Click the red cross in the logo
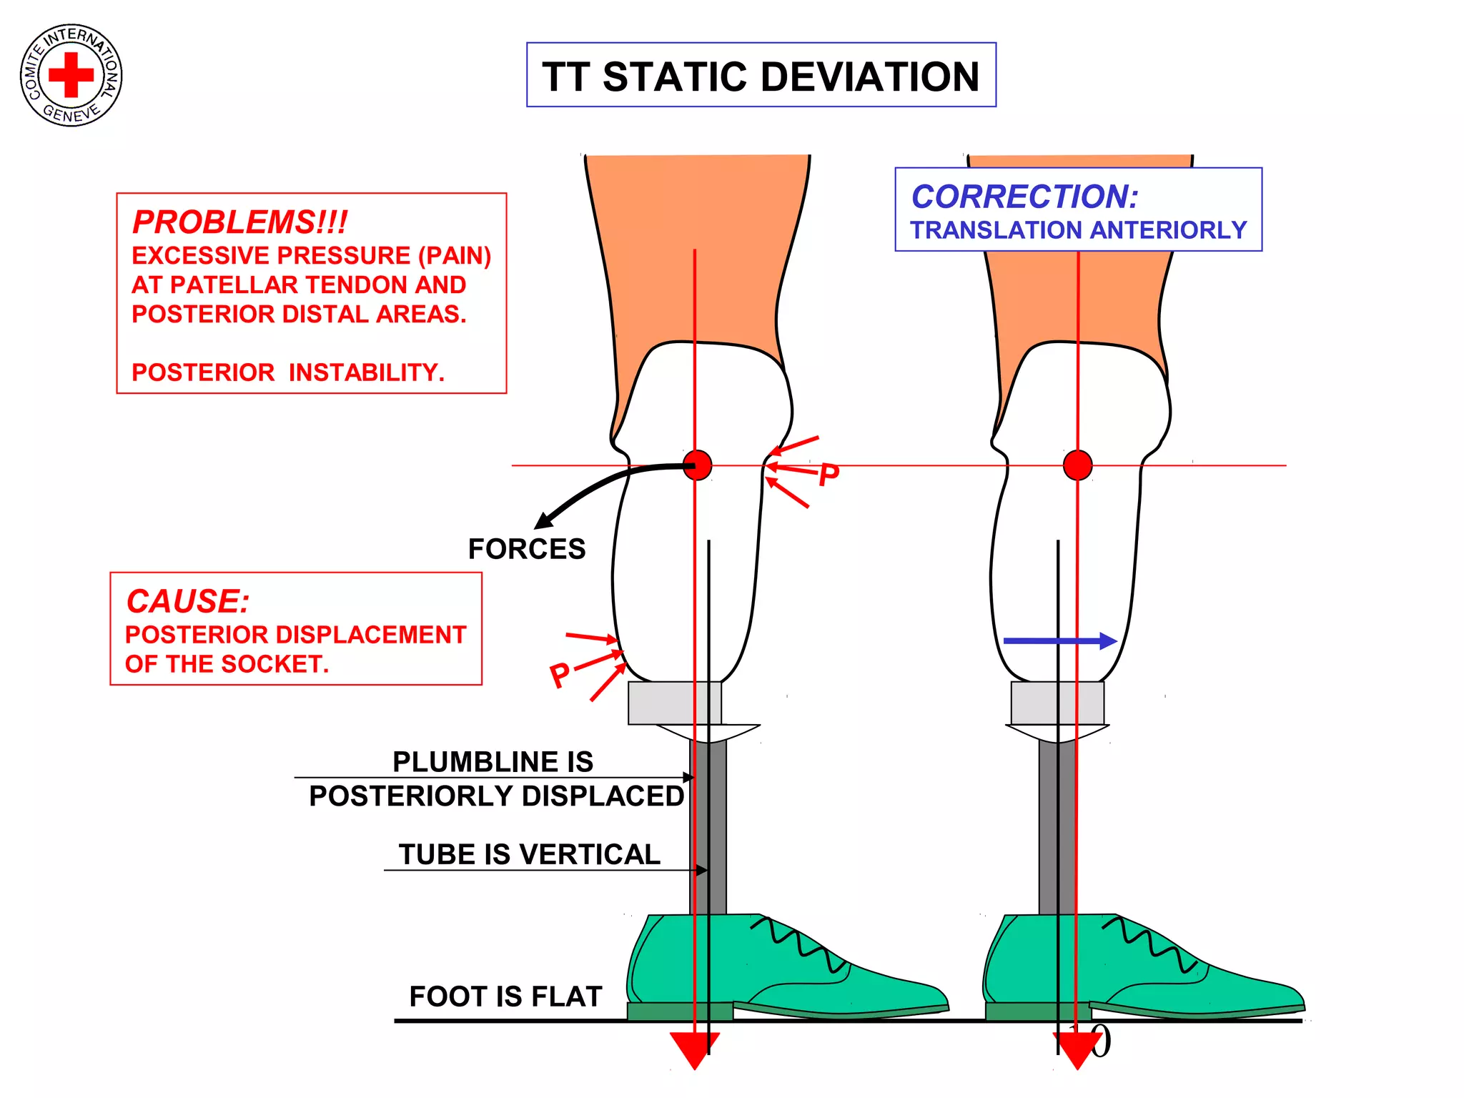[71, 74]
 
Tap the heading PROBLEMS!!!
[239, 222]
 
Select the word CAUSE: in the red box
[187, 601]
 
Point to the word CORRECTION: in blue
[1024, 197]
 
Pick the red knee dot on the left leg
[697, 465]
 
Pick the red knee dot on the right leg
[1077, 465]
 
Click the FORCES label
[527, 549]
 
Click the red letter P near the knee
[829, 475]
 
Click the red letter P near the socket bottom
[560, 674]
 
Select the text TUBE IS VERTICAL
[530, 854]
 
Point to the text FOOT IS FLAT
[505, 996]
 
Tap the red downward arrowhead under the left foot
[694, 1049]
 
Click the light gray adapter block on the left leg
[674, 703]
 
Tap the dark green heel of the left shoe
[680, 1011]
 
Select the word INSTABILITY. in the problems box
[366, 372]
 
